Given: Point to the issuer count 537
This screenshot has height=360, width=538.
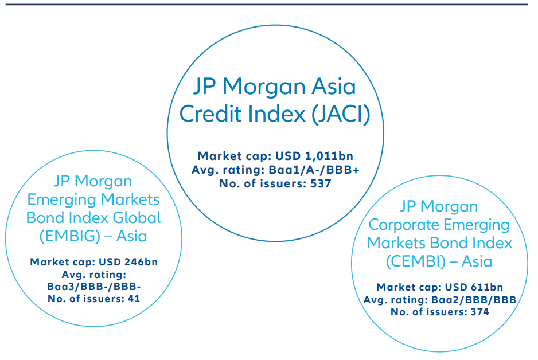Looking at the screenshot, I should (x=320, y=183).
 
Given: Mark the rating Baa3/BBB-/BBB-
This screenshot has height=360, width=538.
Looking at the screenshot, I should (x=93, y=286).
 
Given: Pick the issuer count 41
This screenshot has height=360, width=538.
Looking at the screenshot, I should (x=132, y=298).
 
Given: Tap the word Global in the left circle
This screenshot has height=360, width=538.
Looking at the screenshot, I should (x=134, y=218).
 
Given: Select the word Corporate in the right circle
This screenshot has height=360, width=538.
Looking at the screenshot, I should (x=408, y=224).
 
